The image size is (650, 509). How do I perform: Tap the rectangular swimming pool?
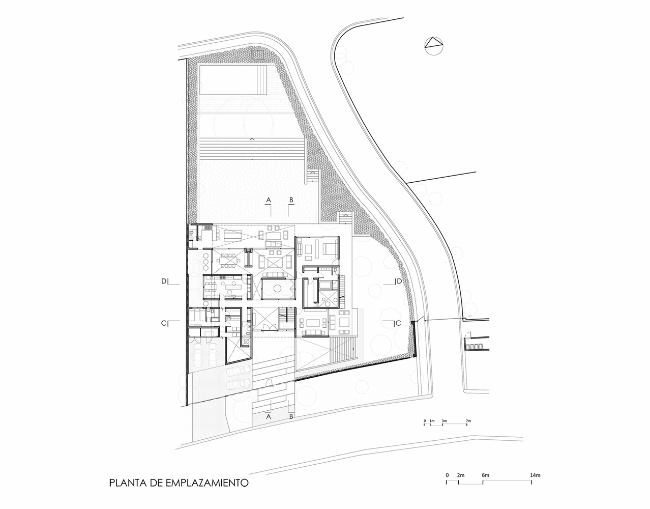233,80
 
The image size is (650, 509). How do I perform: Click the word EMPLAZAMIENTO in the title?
207,491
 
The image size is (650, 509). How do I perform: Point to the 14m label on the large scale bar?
535,475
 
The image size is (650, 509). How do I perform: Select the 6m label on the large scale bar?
486,475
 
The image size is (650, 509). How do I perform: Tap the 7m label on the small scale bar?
468,421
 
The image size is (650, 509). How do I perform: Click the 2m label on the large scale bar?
461,475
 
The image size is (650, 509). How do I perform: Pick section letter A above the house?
269,200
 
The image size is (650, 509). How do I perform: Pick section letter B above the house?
291,200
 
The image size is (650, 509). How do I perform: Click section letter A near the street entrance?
269,416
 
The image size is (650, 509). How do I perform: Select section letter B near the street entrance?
291,416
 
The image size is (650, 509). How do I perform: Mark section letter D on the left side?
164,281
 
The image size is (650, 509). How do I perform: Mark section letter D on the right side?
399,281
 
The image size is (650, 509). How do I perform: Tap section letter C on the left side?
164,323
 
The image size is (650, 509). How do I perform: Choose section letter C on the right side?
398,323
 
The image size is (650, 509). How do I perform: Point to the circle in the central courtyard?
277,289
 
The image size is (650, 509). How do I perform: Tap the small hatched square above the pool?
257,55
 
